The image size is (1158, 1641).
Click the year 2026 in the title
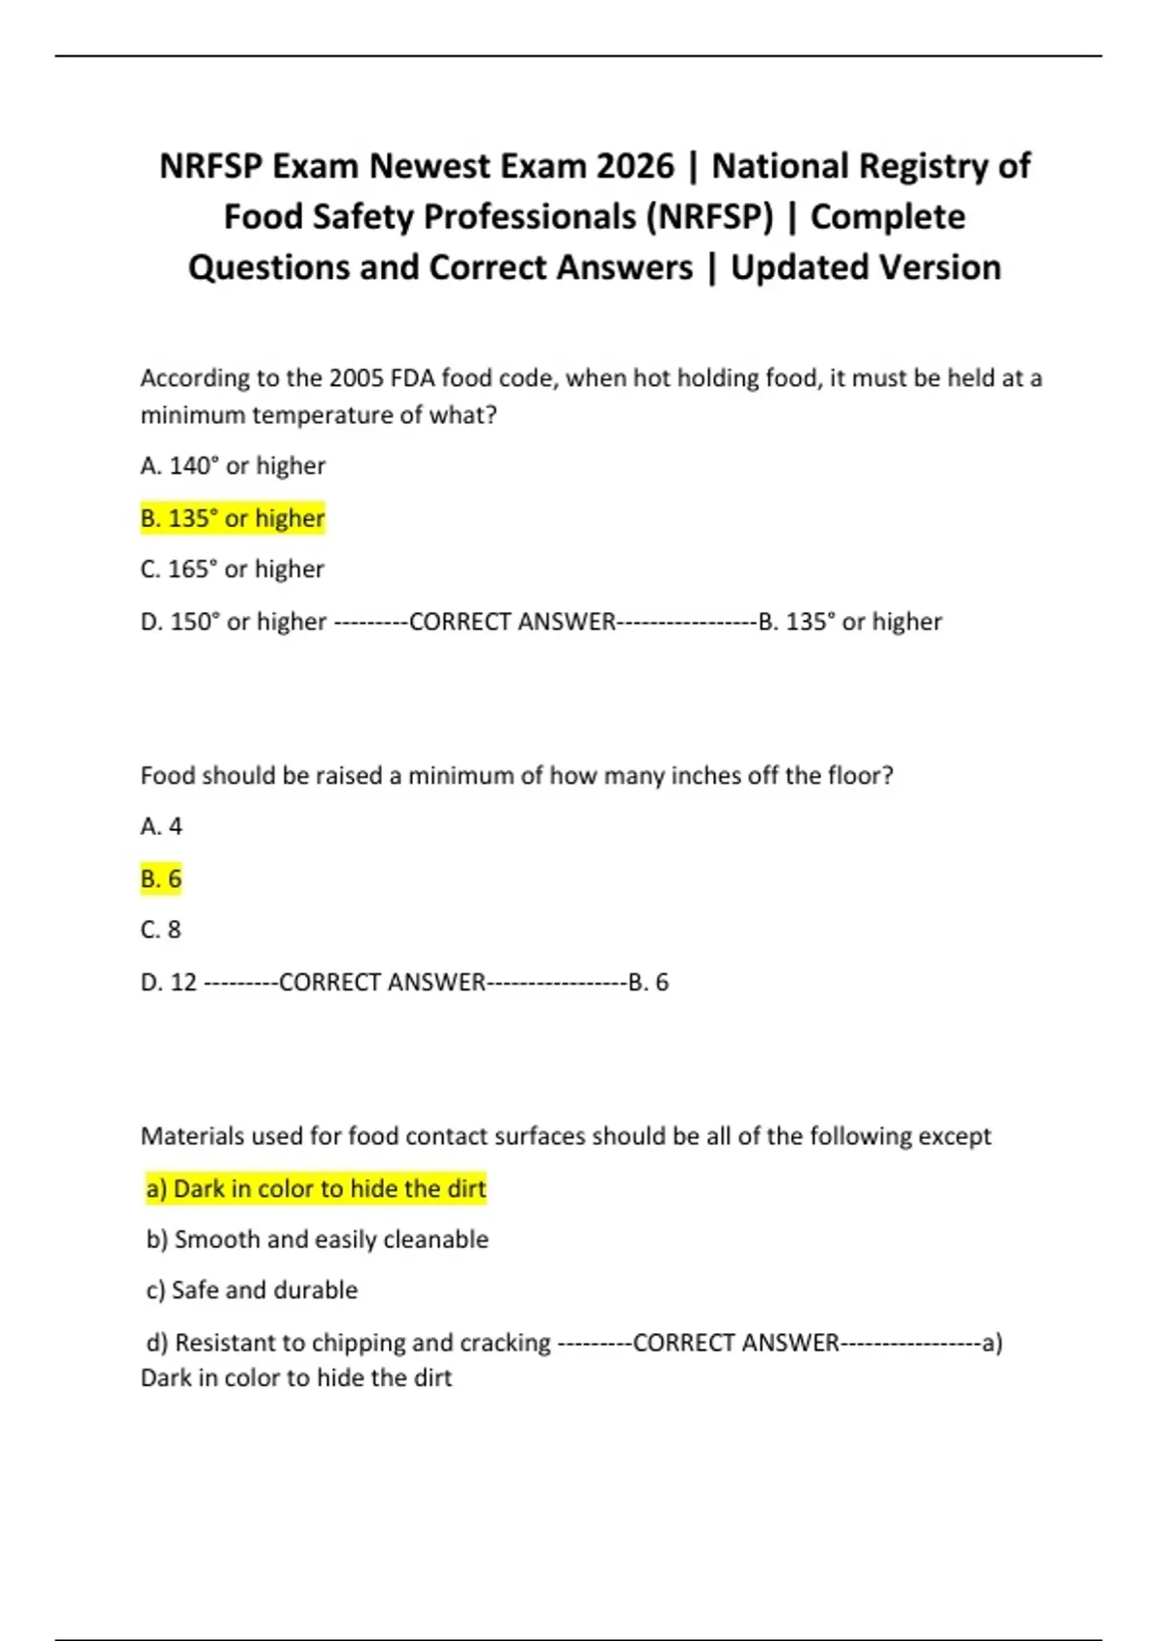[635, 166]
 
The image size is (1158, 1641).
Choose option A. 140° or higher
[233, 465]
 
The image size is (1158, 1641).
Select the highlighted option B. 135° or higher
[233, 518]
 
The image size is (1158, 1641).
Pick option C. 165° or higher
[233, 569]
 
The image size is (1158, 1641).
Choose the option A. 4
[161, 826]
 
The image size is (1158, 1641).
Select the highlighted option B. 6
[161, 878]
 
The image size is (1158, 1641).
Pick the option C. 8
[161, 930]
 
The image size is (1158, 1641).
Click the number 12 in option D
[183, 983]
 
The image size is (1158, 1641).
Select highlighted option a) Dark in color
[316, 1188]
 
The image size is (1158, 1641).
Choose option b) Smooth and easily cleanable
[317, 1239]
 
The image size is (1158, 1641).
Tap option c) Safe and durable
[252, 1291]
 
